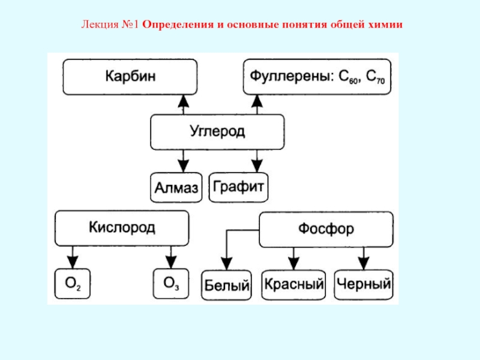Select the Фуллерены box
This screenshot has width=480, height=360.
click(x=317, y=77)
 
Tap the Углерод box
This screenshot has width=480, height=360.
click(x=217, y=132)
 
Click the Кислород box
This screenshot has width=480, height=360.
click(x=122, y=228)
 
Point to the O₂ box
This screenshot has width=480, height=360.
click(x=73, y=284)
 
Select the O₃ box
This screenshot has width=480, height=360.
click(x=170, y=284)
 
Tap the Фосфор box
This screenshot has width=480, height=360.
click(x=325, y=229)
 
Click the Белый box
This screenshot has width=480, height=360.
click(x=226, y=284)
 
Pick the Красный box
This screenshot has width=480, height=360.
click(x=294, y=284)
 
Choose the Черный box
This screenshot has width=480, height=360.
click(x=364, y=284)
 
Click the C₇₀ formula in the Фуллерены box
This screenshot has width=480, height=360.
click(x=376, y=77)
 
